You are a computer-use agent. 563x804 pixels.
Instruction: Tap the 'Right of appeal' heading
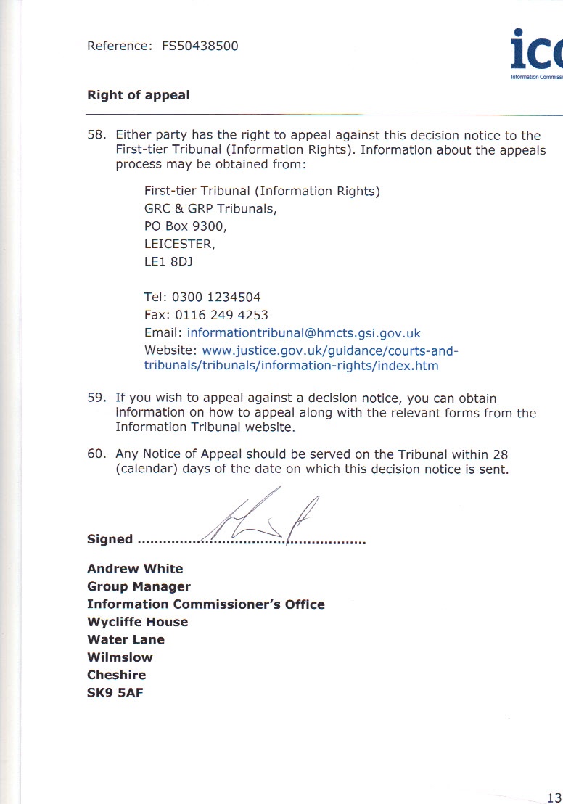(x=139, y=95)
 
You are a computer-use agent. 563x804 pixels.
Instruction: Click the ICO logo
(x=535, y=55)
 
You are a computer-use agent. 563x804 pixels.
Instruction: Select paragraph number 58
(x=96, y=136)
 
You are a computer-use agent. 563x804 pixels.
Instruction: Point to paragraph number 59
(x=96, y=398)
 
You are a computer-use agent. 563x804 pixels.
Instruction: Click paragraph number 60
(x=96, y=455)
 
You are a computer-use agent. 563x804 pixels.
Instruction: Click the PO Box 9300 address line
(x=186, y=226)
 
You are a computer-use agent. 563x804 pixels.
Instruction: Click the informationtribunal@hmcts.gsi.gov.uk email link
(x=304, y=334)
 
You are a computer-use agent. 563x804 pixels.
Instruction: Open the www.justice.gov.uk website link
(x=330, y=351)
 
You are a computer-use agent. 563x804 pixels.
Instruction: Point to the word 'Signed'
(x=110, y=539)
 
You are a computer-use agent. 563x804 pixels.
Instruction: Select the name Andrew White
(x=135, y=569)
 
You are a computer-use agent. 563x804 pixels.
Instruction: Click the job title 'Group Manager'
(x=139, y=586)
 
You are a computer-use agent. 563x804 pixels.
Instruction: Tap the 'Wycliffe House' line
(x=137, y=622)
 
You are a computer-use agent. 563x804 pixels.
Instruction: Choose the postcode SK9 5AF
(x=115, y=692)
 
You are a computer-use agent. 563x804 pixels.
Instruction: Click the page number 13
(x=554, y=796)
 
